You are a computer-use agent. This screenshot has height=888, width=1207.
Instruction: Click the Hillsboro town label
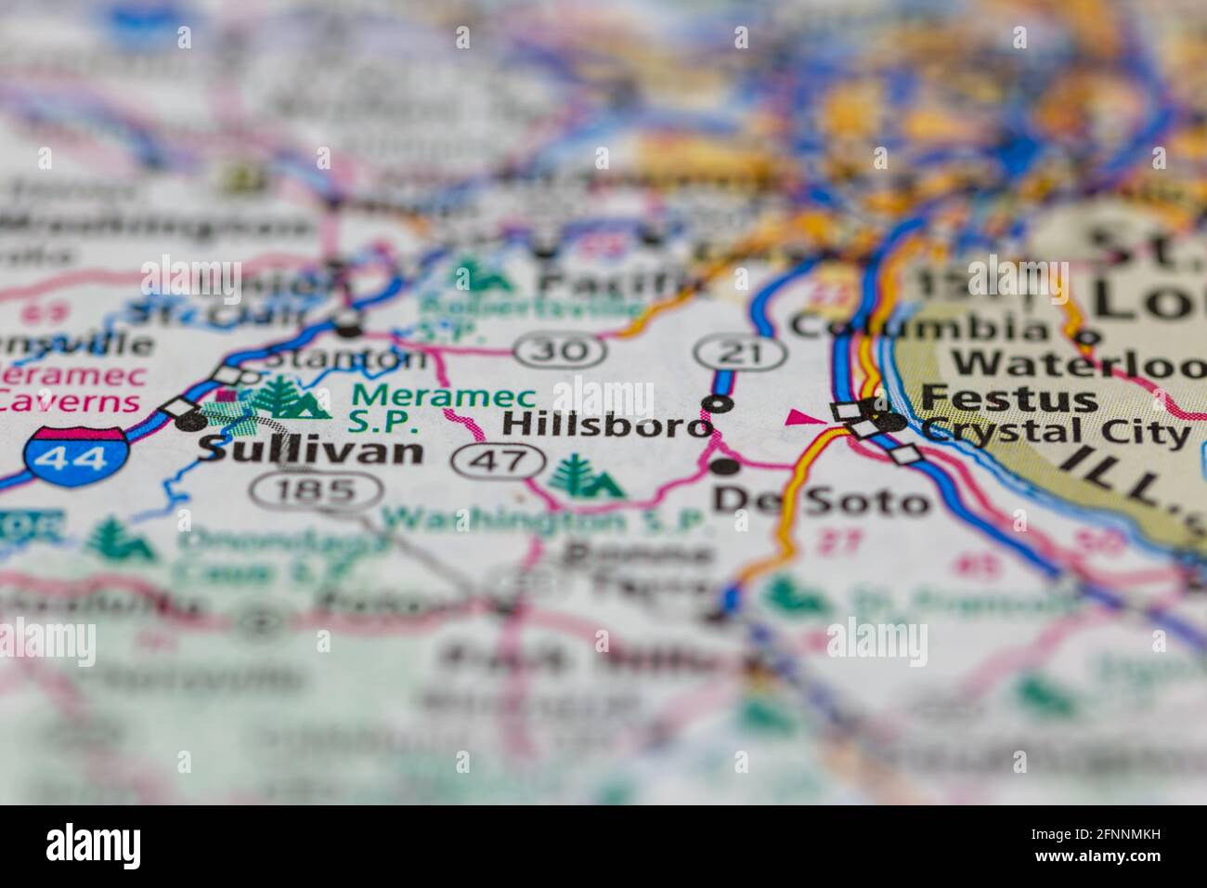606,425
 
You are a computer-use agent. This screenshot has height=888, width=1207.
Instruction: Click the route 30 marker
562,351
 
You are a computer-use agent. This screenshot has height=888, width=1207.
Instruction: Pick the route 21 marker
742,351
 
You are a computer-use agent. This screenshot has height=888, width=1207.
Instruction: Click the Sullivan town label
311,451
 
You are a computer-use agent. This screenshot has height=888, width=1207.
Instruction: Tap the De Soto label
820,502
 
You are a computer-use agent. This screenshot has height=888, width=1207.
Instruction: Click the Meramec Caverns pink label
72,388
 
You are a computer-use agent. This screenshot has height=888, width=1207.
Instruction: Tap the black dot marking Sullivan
191,422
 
